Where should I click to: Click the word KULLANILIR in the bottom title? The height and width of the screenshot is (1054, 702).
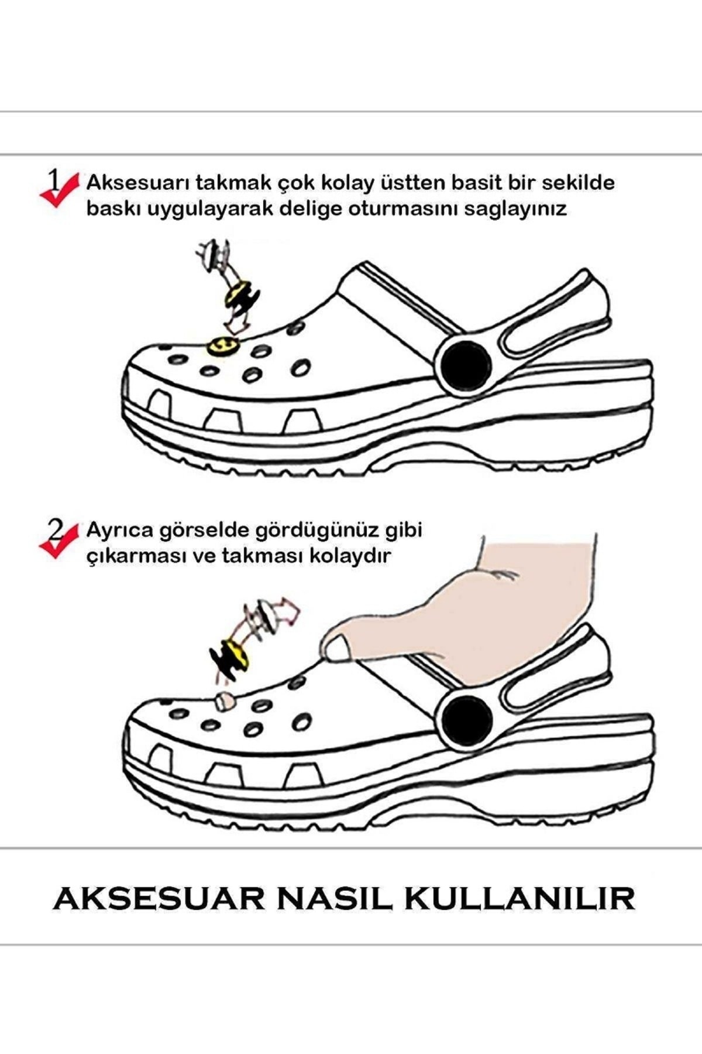tap(519, 915)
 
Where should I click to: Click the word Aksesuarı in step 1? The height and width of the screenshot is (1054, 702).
tap(137, 183)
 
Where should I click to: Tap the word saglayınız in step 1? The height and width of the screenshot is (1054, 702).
tap(515, 210)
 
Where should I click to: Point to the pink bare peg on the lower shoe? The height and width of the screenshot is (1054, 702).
tap(223, 700)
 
